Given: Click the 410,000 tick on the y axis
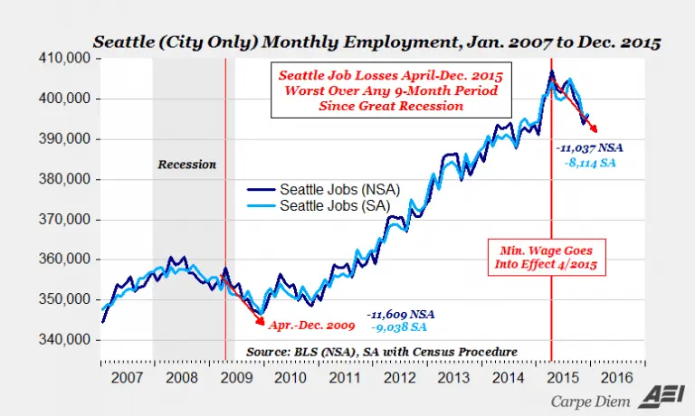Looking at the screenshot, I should (66, 59).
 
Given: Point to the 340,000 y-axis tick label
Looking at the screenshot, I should (66, 340).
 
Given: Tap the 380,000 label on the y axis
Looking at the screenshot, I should (66, 179).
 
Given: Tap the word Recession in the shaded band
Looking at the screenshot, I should (186, 165).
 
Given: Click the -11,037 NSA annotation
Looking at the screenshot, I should (589, 147).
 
